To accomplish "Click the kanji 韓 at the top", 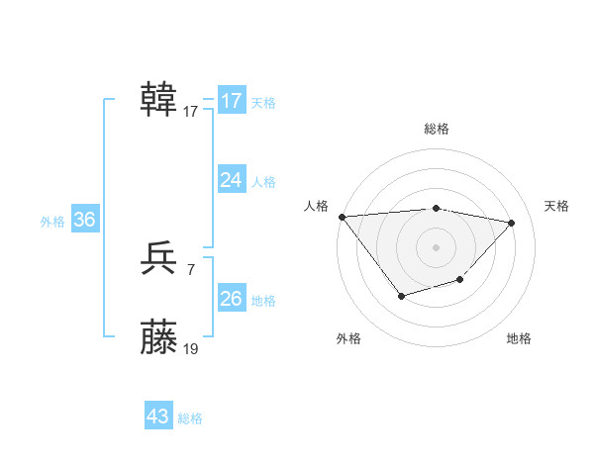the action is click(159, 101).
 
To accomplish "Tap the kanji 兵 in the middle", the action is click(159, 259).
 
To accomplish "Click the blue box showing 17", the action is click(231, 101).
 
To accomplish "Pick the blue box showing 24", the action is click(231, 180).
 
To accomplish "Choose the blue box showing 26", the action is click(231, 299).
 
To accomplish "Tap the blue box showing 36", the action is click(84, 220).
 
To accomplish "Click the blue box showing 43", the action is click(158, 417).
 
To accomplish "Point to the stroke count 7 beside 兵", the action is click(190, 269).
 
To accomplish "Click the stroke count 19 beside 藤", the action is click(191, 348).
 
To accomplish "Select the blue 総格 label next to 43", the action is click(190, 418).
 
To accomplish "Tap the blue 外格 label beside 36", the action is click(52, 222).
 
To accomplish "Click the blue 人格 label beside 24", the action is click(263, 182).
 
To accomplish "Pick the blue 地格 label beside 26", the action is click(263, 301).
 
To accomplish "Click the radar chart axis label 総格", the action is click(436, 129).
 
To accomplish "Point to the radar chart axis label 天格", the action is click(556, 206).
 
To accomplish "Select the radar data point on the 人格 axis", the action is click(342, 217).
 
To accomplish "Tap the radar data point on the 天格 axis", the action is click(512, 223).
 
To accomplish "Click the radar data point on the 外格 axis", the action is click(401, 295).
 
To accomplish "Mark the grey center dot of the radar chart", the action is click(436, 246).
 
